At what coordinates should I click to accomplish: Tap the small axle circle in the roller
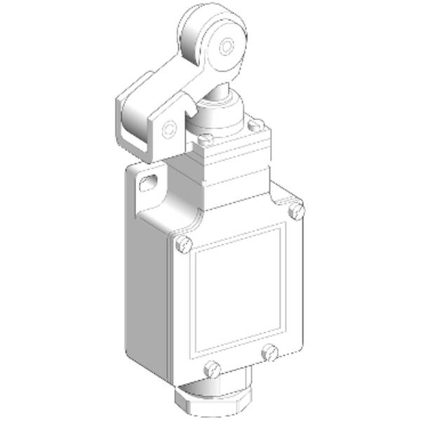click(225, 46)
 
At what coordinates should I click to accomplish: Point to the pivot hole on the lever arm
click(168, 129)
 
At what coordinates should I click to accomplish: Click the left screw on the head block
click(206, 140)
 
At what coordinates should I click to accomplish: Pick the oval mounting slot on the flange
click(149, 185)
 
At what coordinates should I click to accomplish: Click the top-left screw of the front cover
click(183, 243)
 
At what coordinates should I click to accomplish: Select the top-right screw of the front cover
click(296, 210)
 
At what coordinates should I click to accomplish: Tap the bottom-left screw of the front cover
click(213, 368)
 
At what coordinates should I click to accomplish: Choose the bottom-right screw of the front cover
click(269, 352)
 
